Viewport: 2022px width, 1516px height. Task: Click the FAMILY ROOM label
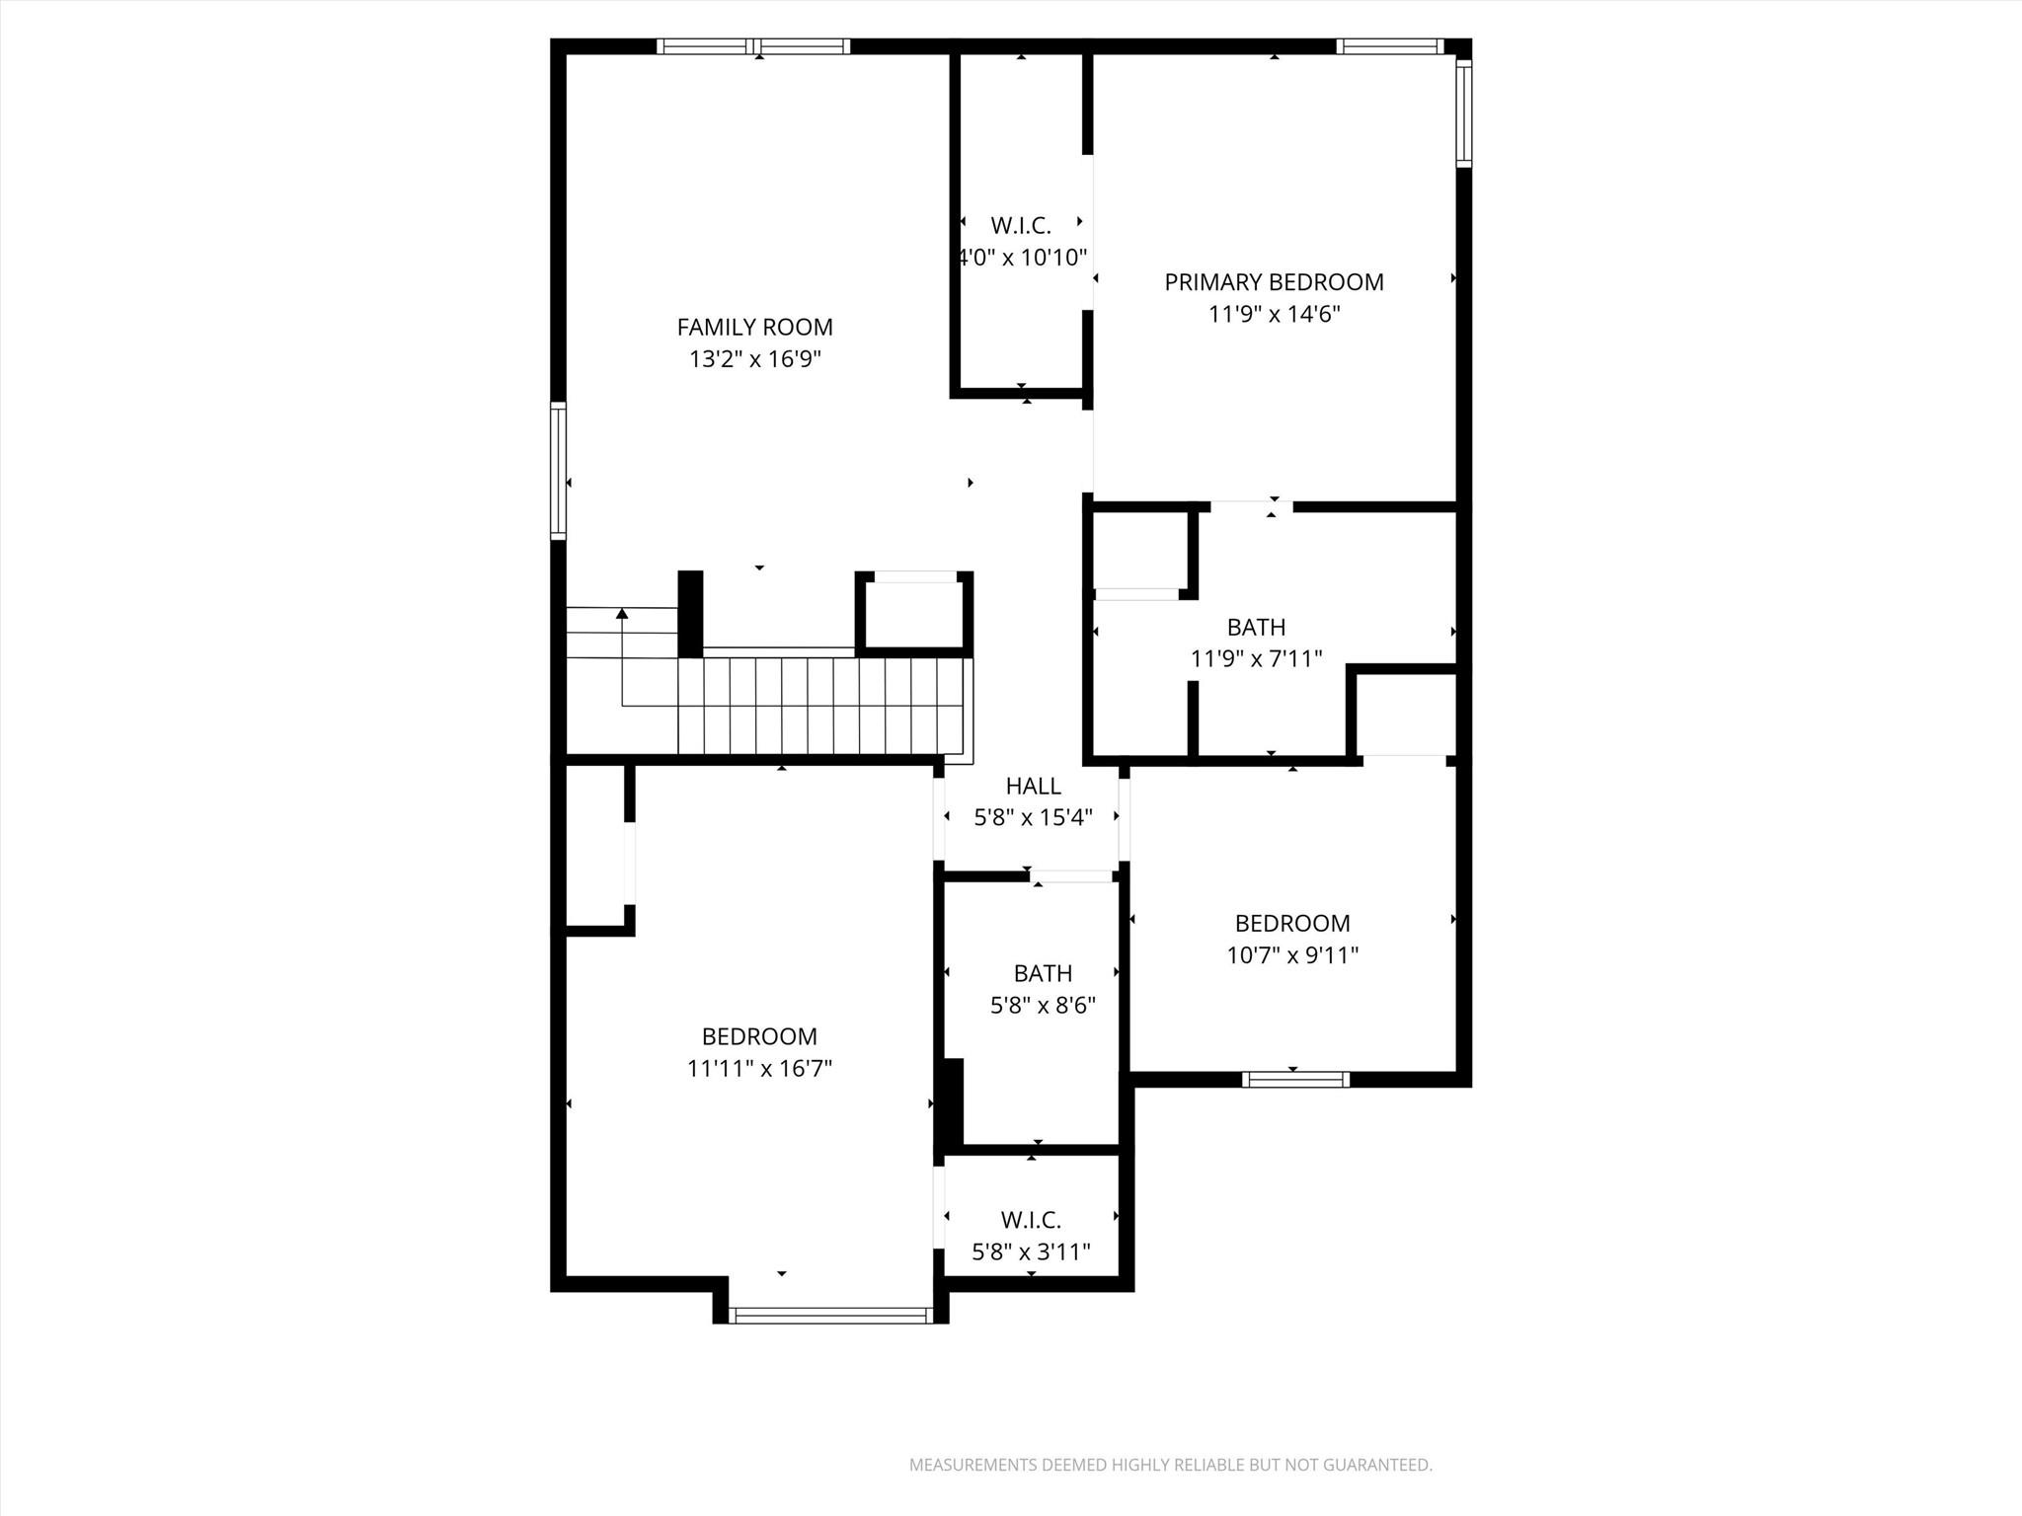pyautogui.click(x=754, y=327)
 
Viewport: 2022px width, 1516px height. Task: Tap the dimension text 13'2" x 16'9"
pyautogui.click(x=754, y=359)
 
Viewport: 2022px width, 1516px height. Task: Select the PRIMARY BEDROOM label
pyautogui.click(x=1274, y=282)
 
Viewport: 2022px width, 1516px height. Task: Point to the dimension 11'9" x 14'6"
pyautogui.click(x=1274, y=315)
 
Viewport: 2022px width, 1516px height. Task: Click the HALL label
pyautogui.click(x=1033, y=786)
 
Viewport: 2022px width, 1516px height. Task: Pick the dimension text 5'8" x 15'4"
pyautogui.click(x=1033, y=818)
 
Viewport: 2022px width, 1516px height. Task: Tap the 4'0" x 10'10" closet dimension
pyautogui.click(x=1022, y=258)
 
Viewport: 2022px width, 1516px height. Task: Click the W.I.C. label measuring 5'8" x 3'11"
pyautogui.click(x=1031, y=1220)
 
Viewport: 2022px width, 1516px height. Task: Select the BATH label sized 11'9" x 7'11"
pyautogui.click(x=1256, y=627)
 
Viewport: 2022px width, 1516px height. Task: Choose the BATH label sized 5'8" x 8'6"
pyautogui.click(x=1043, y=973)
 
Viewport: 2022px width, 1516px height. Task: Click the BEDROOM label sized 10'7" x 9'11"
pyautogui.click(x=1291, y=923)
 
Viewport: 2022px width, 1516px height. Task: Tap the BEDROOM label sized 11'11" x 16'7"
pyautogui.click(x=759, y=1036)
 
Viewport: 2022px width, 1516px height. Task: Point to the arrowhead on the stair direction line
pyautogui.click(x=622, y=614)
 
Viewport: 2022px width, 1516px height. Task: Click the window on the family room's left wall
pyautogui.click(x=559, y=471)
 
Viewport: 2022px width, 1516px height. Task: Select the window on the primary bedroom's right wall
pyautogui.click(x=1463, y=113)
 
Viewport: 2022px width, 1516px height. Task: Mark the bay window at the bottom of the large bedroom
pyautogui.click(x=830, y=1315)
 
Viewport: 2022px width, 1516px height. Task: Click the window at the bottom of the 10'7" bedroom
pyautogui.click(x=1295, y=1080)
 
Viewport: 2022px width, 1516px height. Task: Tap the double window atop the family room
pyautogui.click(x=753, y=46)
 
